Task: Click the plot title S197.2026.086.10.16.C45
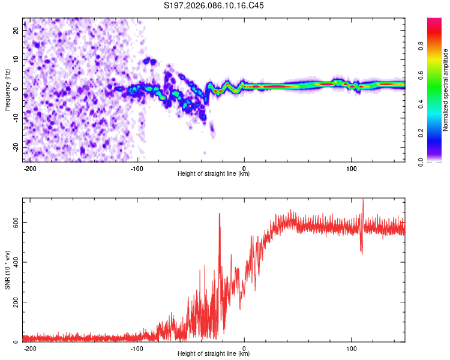(x=214, y=5)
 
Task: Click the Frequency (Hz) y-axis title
(x=7, y=89)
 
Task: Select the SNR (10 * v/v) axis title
(x=7, y=269)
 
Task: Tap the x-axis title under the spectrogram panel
(x=214, y=174)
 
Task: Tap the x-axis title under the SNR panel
(x=214, y=354)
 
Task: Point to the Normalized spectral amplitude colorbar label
(x=446, y=90)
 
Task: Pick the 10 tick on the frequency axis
(x=16, y=59)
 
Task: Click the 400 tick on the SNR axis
(x=14, y=262)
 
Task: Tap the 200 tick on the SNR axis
(x=14, y=302)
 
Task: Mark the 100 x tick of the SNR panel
(x=351, y=347)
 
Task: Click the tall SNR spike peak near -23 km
(x=219, y=213)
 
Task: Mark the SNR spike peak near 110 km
(x=362, y=200)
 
